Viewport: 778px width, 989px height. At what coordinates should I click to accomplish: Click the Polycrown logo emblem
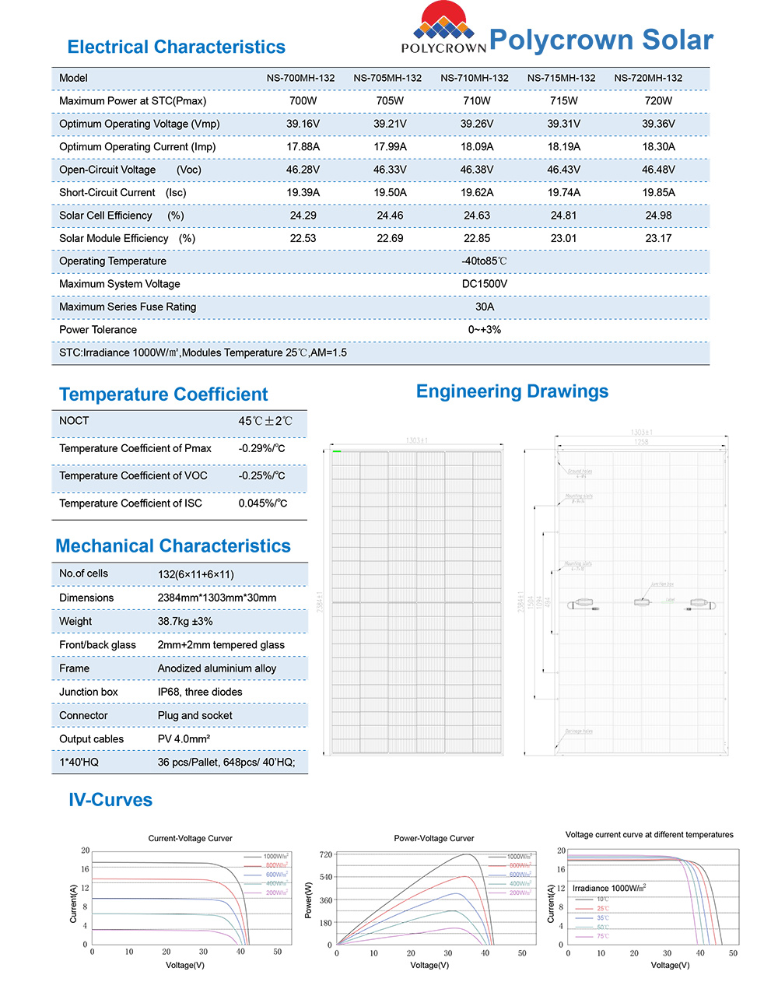tap(443, 23)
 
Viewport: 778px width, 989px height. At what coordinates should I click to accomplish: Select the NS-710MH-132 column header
tap(475, 78)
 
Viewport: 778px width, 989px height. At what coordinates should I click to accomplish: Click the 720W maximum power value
tap(658, 101)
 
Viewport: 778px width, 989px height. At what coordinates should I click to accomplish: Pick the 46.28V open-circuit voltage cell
tap(303, 170)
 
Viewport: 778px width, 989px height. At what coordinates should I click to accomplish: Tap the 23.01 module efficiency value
tap(563, 238)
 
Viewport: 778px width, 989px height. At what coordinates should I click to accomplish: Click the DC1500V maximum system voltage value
tap(484, 284)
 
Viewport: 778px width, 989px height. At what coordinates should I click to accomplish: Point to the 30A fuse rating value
tap(484, 307)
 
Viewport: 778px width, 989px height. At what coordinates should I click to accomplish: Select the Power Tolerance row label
tap(98, 330)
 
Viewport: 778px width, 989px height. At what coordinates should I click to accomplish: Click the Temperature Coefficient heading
tap(163, 395)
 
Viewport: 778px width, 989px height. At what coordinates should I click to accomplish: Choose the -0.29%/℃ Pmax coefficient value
tap(261, 449)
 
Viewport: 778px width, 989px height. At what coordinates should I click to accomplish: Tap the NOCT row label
tap(74, 421)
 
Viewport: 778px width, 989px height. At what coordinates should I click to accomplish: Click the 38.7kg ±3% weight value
tap(185, 622)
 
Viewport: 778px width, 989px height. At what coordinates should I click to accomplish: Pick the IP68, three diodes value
tap(200, 692)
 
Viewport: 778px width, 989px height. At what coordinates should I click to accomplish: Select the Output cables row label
tap(91, 739)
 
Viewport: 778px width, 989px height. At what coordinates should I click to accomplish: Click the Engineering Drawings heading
tap(512, 391)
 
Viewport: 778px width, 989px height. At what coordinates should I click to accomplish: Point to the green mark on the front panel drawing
tap(337, 451)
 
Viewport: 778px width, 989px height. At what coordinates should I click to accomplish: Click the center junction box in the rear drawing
tap(642, 601)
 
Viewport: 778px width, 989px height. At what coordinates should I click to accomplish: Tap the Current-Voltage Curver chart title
tap(190, 838)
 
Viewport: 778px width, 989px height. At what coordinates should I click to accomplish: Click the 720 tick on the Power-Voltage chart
tap(326, 854)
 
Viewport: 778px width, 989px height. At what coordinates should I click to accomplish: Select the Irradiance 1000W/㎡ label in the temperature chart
tap(609, 888)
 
